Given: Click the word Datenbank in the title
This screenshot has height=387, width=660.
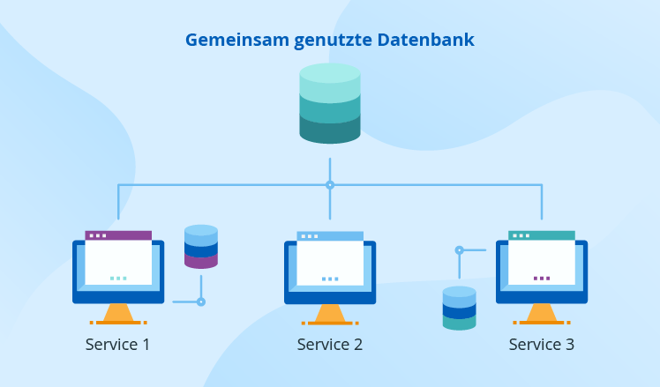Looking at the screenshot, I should (426, 41).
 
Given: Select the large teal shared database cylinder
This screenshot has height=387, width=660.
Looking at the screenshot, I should (330, 103).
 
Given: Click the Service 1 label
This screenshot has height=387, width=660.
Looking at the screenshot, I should (117, 344).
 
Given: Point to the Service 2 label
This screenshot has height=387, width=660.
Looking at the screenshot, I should (330, 344).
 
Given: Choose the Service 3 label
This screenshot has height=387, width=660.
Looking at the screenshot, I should (542, 344).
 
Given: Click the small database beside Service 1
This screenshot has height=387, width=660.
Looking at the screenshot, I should (201, 247).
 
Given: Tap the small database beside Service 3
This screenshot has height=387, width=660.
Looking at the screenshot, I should (459, 308).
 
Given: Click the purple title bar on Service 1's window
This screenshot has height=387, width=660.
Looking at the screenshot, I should (118, 235).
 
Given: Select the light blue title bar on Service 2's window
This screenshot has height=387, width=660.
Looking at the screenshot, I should (330, 236).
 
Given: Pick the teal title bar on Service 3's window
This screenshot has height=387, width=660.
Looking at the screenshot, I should (542, 235).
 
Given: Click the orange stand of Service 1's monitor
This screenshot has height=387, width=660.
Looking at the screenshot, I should (117, 314).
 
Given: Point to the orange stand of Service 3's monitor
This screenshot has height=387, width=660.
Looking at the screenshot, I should (542, 314).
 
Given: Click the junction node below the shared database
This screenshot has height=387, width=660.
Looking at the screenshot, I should (330, 185).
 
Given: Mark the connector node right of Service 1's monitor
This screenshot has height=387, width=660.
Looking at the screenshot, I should (201, 301).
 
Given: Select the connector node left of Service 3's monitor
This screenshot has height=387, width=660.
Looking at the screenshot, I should (459, 250).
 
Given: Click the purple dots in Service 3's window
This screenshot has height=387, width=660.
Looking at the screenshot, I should (542, 278).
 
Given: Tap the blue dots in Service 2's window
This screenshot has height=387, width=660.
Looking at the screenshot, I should (330, 279).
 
